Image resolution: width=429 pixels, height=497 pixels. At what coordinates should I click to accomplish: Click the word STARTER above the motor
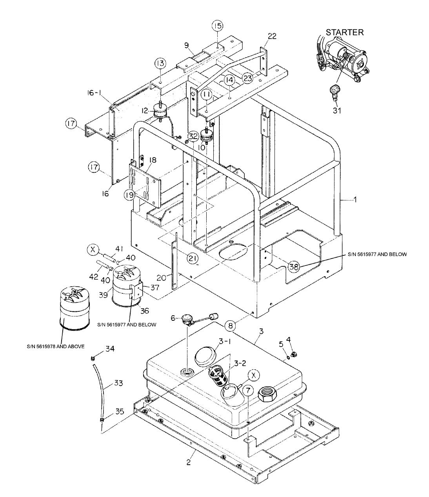point(345,32)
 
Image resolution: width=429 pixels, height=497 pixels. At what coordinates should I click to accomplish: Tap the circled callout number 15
point(218,26)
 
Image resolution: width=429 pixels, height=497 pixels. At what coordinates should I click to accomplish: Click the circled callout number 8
point(231,324)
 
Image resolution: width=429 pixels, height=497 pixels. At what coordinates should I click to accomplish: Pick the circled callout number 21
point(193,258)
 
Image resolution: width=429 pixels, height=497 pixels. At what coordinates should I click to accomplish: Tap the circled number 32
point(193,136)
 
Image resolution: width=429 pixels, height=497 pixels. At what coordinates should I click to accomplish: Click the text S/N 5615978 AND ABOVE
point(56,346)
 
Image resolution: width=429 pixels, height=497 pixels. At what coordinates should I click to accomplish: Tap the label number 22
point(272,36)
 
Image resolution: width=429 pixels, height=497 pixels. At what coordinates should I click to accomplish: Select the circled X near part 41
point(93,249)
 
